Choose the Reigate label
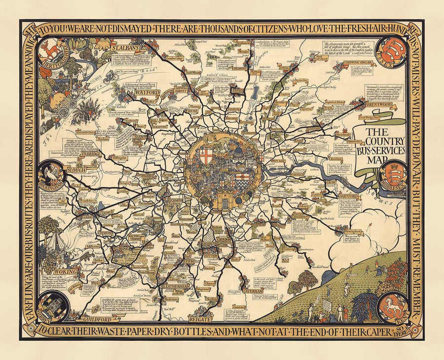pyautogui.click(x=199, y=319)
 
